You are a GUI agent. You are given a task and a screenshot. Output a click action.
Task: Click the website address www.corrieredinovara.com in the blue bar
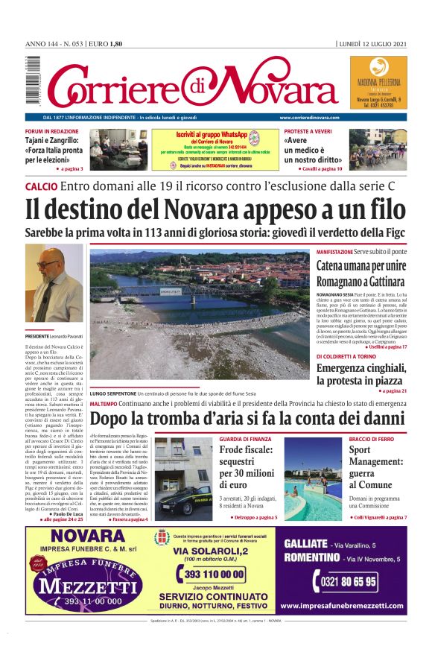309,118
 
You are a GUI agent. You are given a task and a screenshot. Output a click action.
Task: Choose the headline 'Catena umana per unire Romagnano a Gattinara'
361,275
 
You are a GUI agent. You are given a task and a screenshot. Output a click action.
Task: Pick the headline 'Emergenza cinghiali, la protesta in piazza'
361,372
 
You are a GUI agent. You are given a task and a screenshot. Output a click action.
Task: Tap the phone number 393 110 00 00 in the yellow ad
214,574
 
